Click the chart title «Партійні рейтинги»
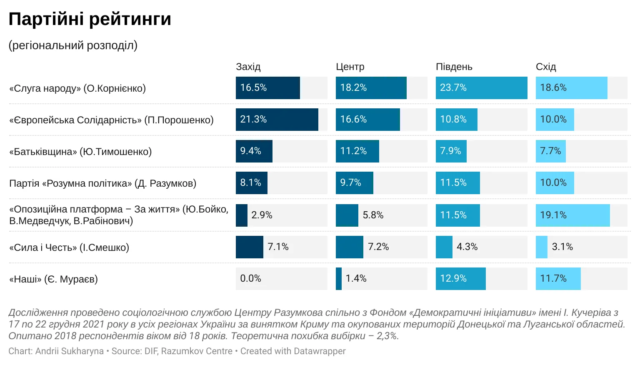pyautogui.click(x=90, y=19)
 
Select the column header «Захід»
pyautogui.click(x=248, y=67)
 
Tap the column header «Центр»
pyautogui.click(x=350, y=67)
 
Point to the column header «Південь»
pyautogui.click(x=454, y=67)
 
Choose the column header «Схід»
pyautogui.click(x=546, y=67)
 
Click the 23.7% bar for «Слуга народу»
pyautogui.click(x=481, y=88)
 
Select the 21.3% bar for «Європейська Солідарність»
pyautogui.click(x=277, y=120)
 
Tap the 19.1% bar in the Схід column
pyautogui.click(x=572, y=215)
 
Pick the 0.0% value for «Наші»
pyautogui.click(x=250, y=279)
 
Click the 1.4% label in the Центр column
pyautogui.click(x=356, y=279)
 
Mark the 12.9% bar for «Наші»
pyautogui.click(x=460, y=279)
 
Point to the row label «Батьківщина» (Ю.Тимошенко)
pyautogui.click(x=80, y=152)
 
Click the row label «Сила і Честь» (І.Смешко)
pyautogui.click(x=69, y=247)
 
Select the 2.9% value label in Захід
pyautogui.click(x=262, y=215)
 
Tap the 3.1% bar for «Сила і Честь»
pyautogui.click(x=541, y=247)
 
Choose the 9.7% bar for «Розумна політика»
pyautogui.click(x=354, y=183)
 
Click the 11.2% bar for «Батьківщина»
pyautogui.click(x=357, y=151)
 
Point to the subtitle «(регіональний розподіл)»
pyautogui.click(x=73, y=45)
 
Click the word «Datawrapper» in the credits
pyautogui.click(x=319, y=351)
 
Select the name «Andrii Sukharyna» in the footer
pyautogui.click(x=69, y=351)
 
